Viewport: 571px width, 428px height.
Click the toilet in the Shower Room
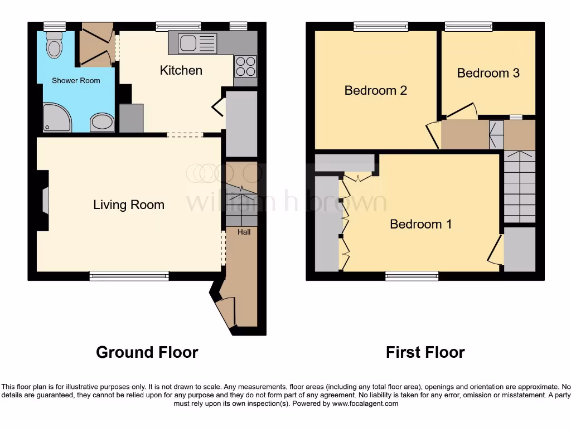(x=54, y=45)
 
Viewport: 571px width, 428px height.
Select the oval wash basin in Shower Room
(x=102, y=123)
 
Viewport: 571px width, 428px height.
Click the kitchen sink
(x=197, y=43)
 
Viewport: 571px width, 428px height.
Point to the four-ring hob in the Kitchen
(x=245, y=67)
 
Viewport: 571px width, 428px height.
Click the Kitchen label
(x=181, y=70)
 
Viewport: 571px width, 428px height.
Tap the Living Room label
(x=129, y=205)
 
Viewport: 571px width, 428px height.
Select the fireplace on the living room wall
(x=44, y=199)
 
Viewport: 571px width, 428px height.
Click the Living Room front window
(x=129, y=275)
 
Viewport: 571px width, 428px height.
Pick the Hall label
(x=244, y=232)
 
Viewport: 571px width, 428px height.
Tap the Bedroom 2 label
(x=375, y=90)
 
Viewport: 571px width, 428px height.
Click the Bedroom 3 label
(x=488, y=73)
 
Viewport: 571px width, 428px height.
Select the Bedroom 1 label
(x=420, y=224)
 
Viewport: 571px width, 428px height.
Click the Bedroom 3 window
(x=468, y=26)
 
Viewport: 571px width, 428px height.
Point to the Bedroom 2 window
(x=381, y=26)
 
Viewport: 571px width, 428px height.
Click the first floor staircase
(x=519, y=187)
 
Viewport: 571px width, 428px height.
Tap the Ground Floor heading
(x=147, y=352)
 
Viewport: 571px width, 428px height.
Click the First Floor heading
(x=425, y=352)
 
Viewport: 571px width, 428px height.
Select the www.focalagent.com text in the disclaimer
(x=365, y=403)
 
